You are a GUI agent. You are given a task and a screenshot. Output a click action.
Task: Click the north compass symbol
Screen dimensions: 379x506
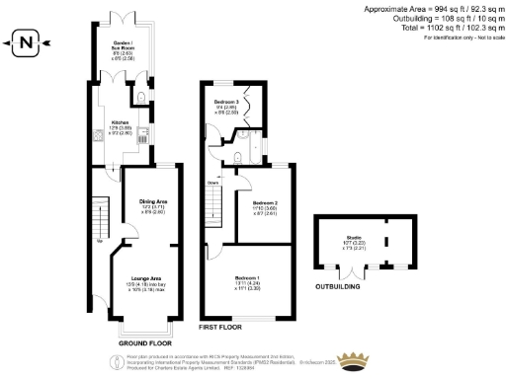click(x=27, y=41)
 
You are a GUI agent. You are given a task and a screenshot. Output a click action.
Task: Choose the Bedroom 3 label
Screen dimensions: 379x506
click(x=226, y=102)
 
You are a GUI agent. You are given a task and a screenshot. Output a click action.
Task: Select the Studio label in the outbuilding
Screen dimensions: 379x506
click(x=353, y=237)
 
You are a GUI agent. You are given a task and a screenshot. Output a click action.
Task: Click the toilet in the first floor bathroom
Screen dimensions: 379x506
click(x=242, y=156)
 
